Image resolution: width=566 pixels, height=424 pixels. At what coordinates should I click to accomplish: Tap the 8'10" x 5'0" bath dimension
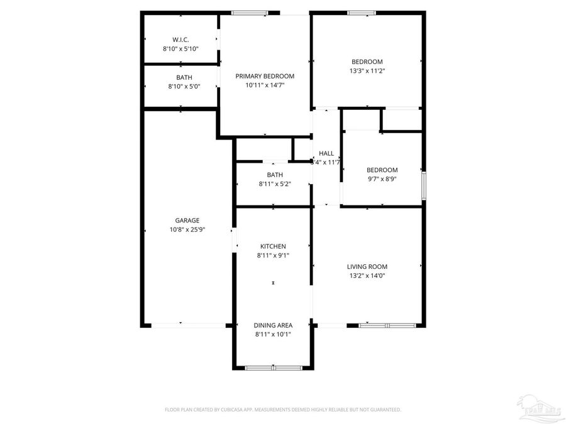181,86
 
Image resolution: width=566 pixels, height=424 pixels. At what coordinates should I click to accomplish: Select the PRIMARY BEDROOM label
265,76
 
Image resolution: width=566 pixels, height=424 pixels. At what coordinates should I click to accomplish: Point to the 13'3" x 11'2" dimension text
367,71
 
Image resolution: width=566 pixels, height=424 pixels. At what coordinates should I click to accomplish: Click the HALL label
326,153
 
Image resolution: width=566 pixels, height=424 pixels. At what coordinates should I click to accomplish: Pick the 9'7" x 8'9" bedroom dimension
382,178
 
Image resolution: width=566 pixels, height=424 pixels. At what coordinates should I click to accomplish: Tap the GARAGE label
187,220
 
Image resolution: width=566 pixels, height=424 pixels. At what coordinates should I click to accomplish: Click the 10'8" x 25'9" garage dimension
187,229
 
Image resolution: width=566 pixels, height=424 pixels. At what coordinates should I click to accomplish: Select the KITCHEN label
274,246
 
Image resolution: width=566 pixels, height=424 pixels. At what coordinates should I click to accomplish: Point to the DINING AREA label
273,325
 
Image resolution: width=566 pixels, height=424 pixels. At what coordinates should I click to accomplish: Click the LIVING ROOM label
367,266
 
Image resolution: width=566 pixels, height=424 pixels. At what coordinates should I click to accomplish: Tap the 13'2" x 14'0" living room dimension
367,275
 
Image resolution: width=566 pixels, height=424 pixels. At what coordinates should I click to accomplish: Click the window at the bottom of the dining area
273,367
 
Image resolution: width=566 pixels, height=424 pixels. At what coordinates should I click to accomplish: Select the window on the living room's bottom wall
387,325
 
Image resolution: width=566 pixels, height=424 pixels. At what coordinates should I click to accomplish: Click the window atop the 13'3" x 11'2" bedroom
362,13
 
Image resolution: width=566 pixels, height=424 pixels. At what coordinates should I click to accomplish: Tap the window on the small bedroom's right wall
423,185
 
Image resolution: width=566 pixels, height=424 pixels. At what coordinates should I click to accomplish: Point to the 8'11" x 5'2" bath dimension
274,184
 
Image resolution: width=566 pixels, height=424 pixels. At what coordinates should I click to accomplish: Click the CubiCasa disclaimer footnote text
282,410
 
